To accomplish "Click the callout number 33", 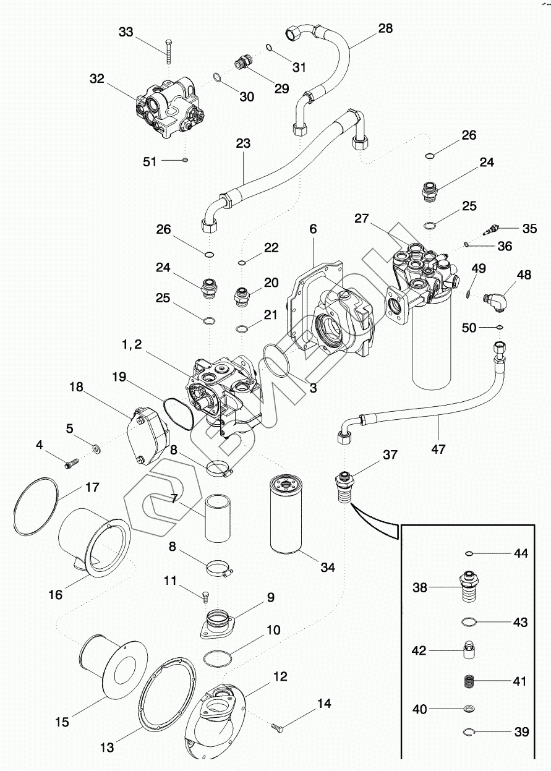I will [x=125, y=32].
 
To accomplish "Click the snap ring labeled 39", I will [x=469, y=733].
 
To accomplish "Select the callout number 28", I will [x=385, y=28].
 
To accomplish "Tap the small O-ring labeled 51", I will [x=184, y=161].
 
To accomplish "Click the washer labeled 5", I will [x=96, y=446].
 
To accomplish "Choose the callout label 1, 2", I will [x=132, y=346].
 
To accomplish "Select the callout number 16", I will [x=56, y=594].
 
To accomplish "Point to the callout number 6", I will [x=313, y=228].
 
